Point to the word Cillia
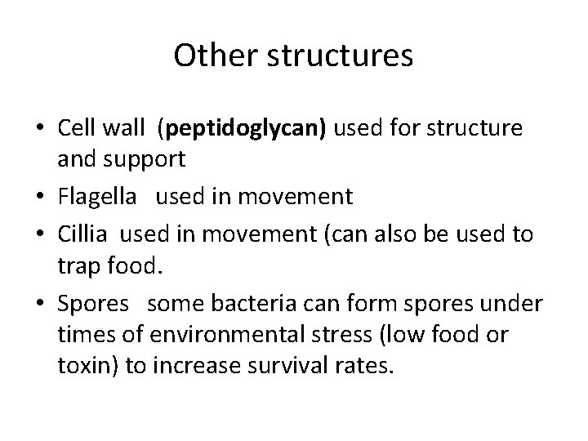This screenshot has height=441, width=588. pyautogui.click(x=86, y=234)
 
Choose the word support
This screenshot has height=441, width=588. pyautogui.click(x=145, y=160)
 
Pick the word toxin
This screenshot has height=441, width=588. pyautogui.click(x=82, y=364)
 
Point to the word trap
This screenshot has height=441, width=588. pyautogui.click(x=76, y=265)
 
